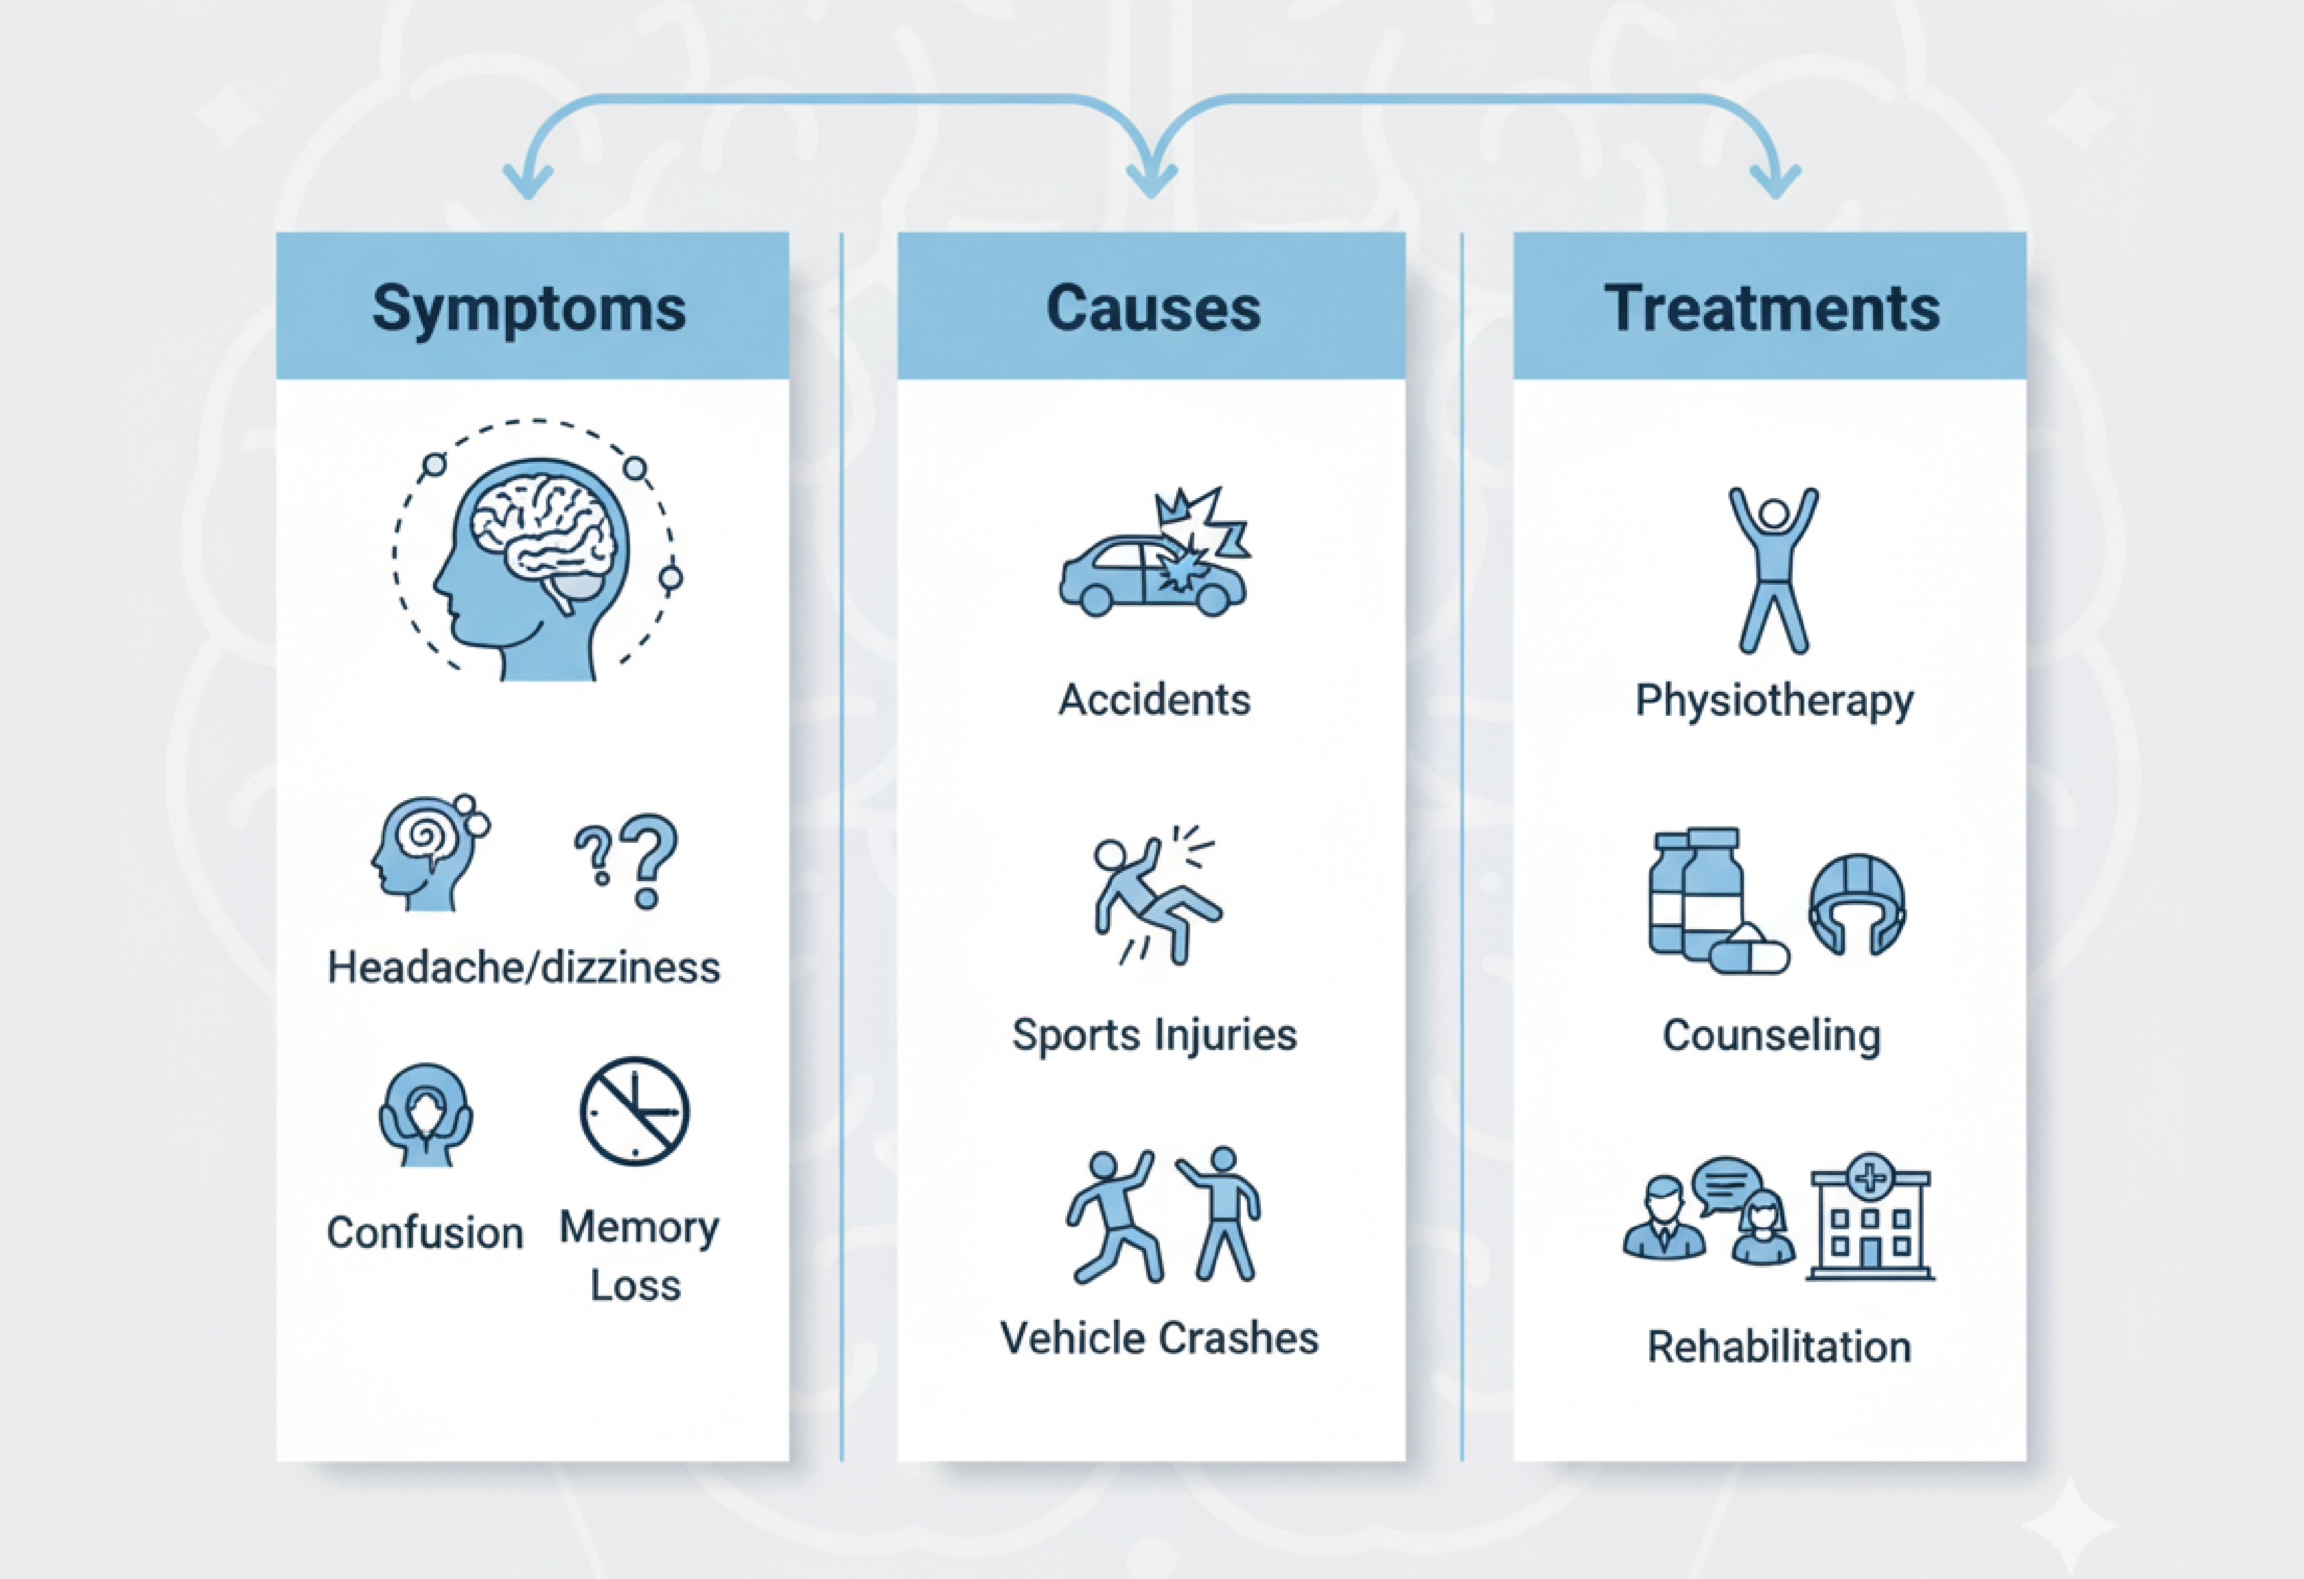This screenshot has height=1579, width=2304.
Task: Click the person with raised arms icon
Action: tap(1774, 569)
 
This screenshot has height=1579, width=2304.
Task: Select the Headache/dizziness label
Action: tap(524, 967)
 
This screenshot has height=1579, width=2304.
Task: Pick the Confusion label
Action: tap(424, 1233)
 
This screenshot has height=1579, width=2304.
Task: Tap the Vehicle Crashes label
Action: tap(1159, 1338)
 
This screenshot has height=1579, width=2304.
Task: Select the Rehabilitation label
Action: tap(1779, 1347)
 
